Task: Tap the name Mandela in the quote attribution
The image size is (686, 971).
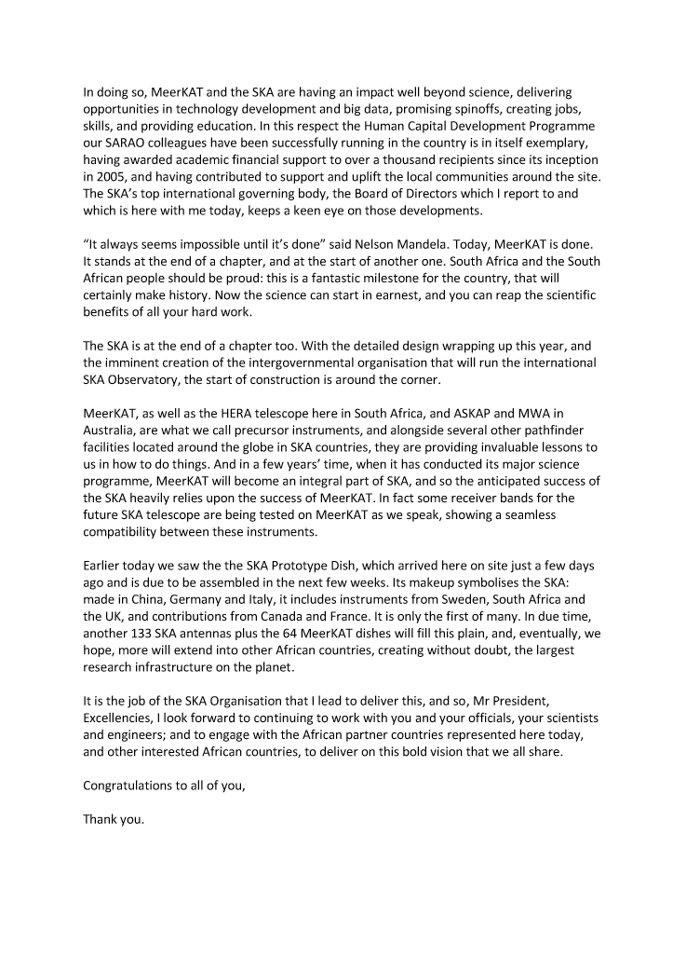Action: [491, 256]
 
